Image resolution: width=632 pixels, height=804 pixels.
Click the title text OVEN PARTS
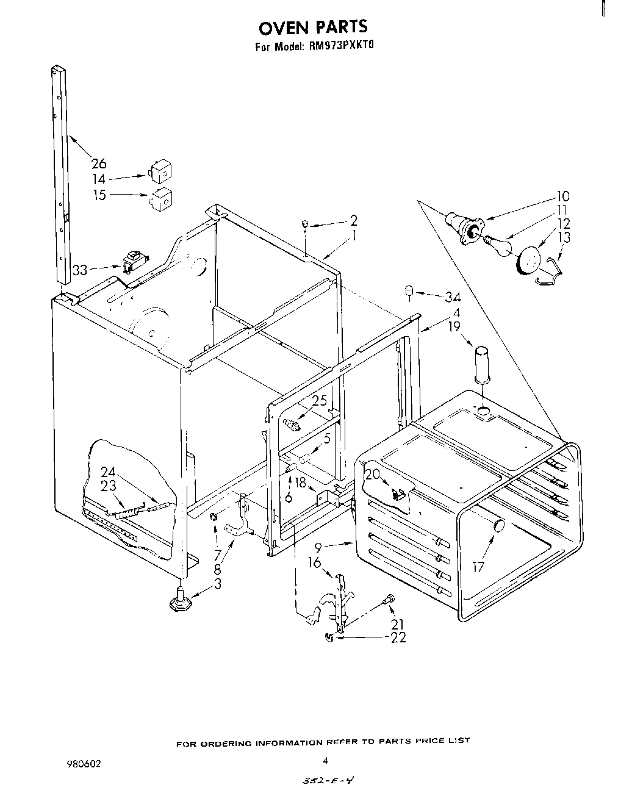[314, 27]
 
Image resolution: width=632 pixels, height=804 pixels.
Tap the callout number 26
[98, 163]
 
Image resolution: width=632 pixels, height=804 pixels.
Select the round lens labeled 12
[529, 259]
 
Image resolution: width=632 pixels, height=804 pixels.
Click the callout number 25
[320, 401]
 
